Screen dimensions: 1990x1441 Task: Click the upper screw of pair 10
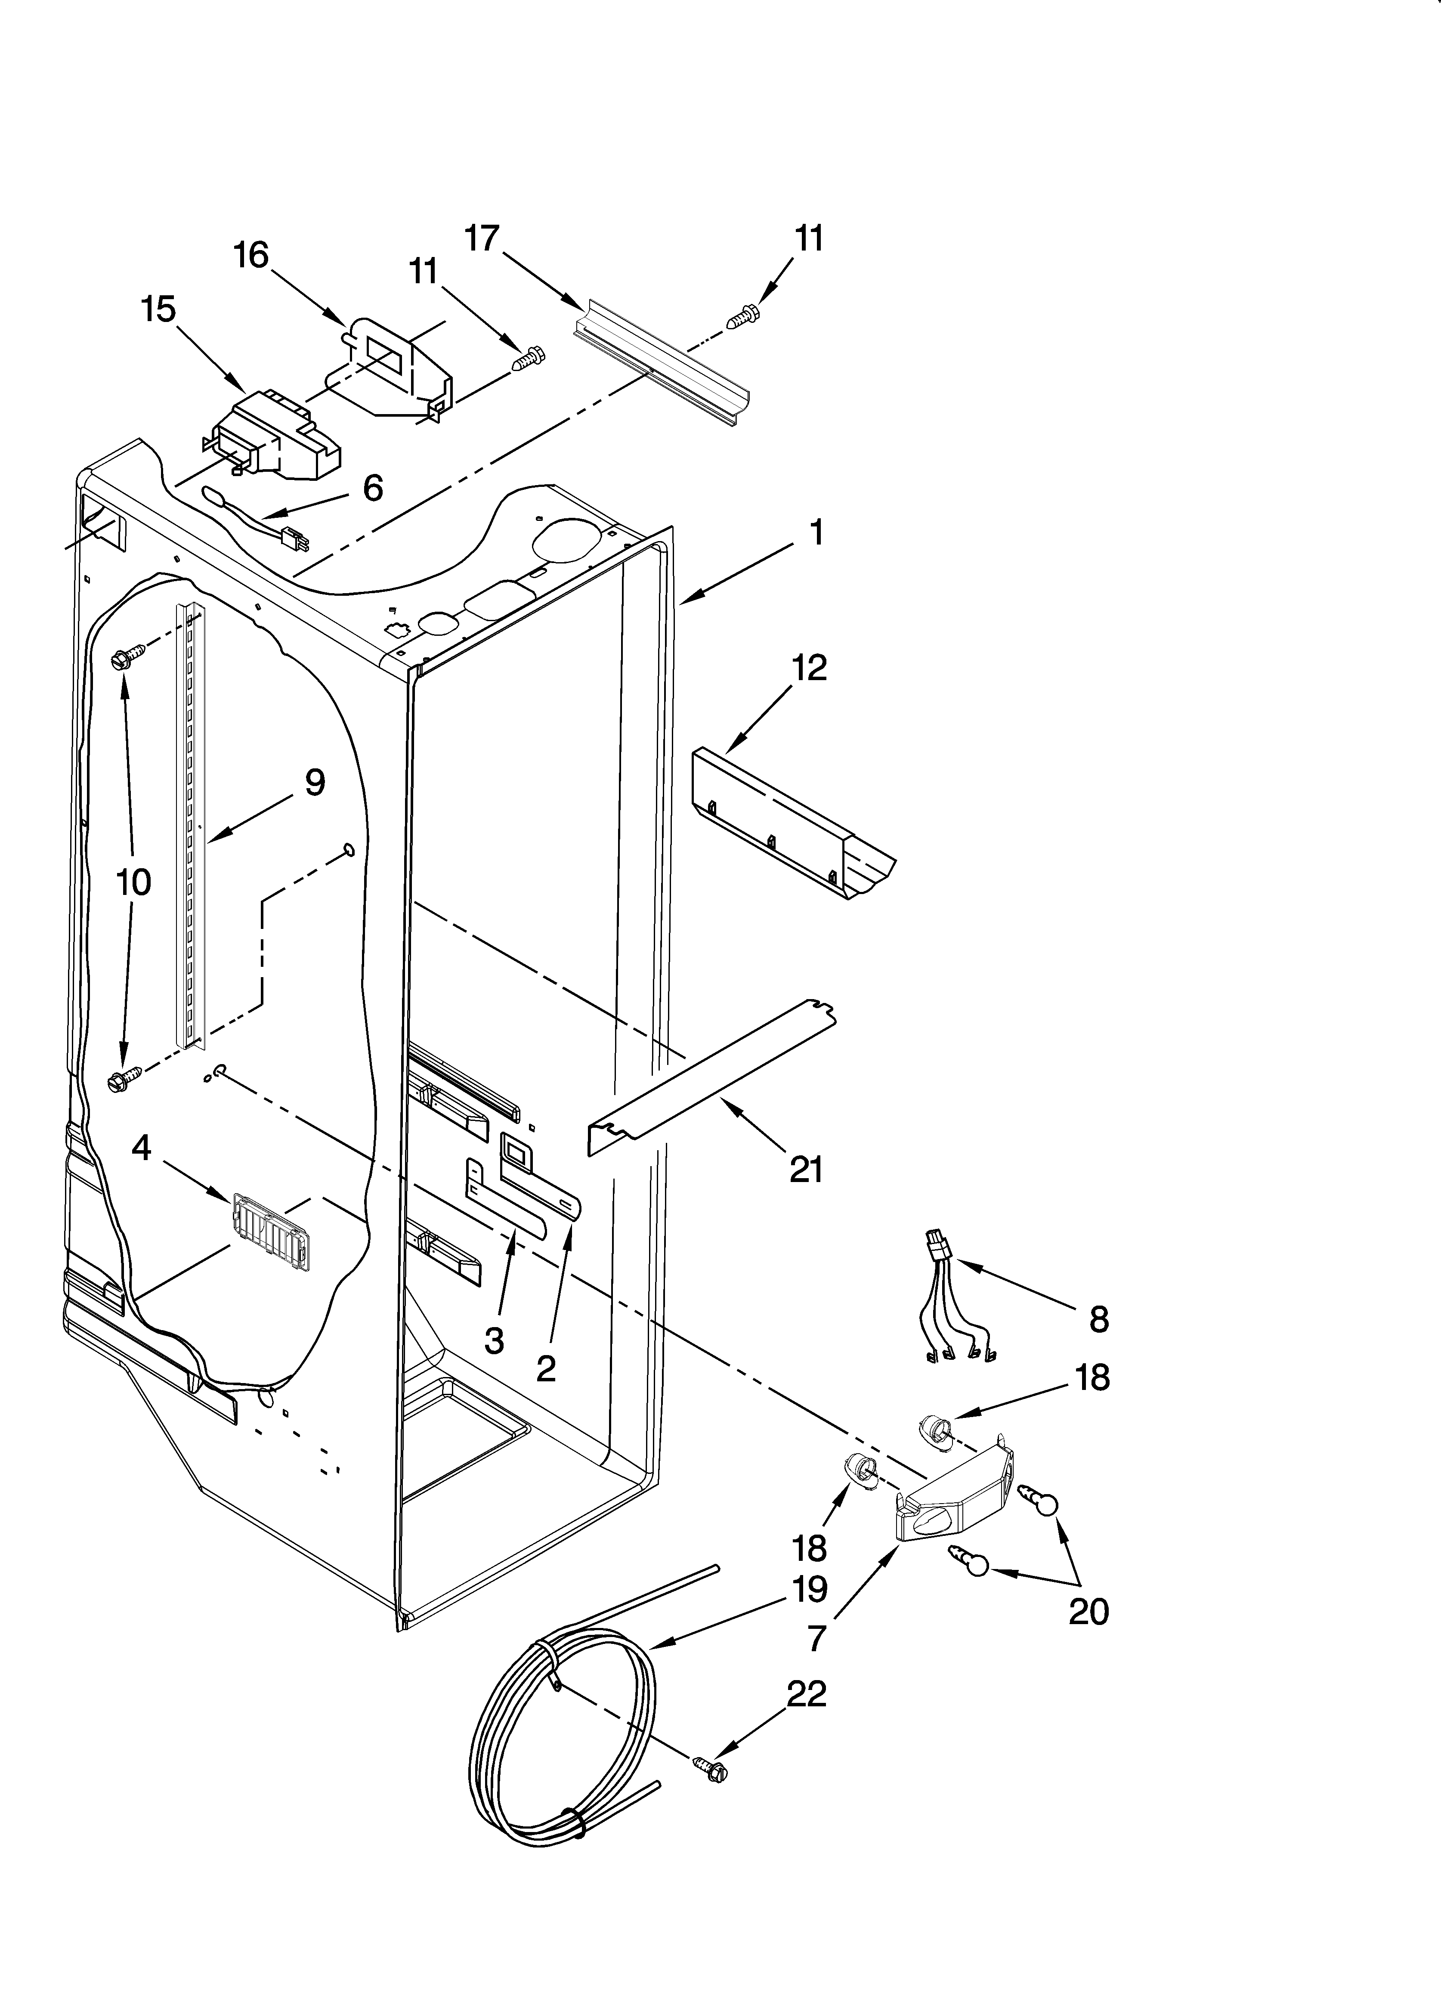tap(127, 658)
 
